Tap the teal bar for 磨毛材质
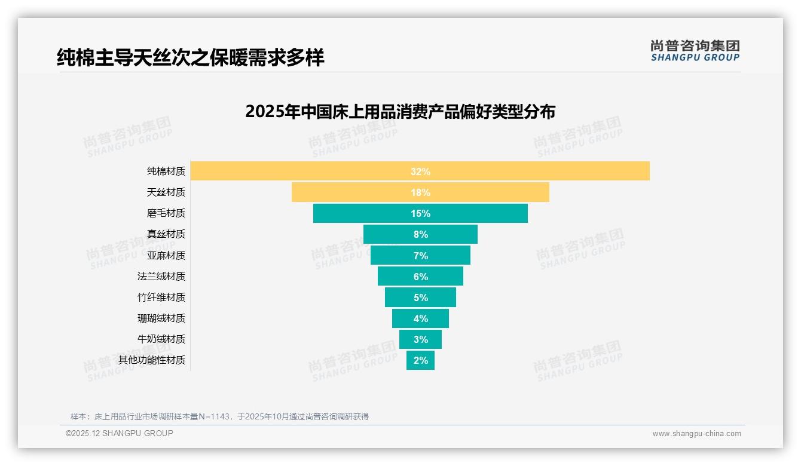click(x=359, y=213)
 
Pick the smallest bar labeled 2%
click(x=420, y=360)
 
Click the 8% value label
click(x=420, y=235)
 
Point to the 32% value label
click(x=420, y=171)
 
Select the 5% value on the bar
click(x=420, y=298)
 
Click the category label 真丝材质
click(x=166, y=234)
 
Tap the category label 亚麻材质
click(x=166, y=255)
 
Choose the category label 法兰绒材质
click(x=161, y=276)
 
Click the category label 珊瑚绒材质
click(x=161, y=318)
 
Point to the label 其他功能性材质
click(x=152, y=360)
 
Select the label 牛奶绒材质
click(x=161, y=339)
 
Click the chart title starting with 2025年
click(x=400, y=112)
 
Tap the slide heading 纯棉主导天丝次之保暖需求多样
click(x=191, y=58)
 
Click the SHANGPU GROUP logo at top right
click(x=695, y=51)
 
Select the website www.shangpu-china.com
click(x=696, y=434)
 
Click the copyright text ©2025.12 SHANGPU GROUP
click(x=120, y=433)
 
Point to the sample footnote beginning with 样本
click(x=219, y=416)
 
